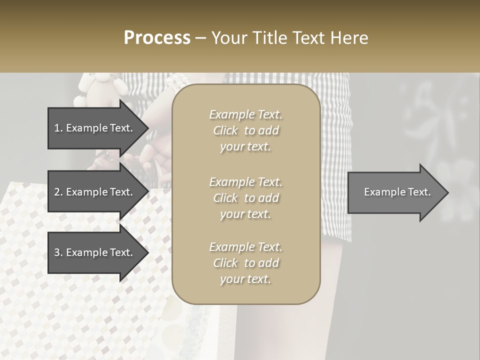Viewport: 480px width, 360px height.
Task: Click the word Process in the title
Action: pyautogui.click(x=157, y=38)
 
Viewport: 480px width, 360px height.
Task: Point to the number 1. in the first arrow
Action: pyautogui.click(x=58, y=128)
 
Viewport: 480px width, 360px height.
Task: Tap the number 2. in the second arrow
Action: pyautogui.click(x=58, y=192)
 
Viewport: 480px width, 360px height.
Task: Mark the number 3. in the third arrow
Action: pyautogui.click(x=58, y=252)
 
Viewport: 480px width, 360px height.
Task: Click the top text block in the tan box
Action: pyautogui.click(x=245, y=130)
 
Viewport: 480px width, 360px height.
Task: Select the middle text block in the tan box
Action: pyautogui.click(x=245, y=198)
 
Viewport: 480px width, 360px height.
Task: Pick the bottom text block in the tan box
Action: pyautogui.click(x=245, y=263)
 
